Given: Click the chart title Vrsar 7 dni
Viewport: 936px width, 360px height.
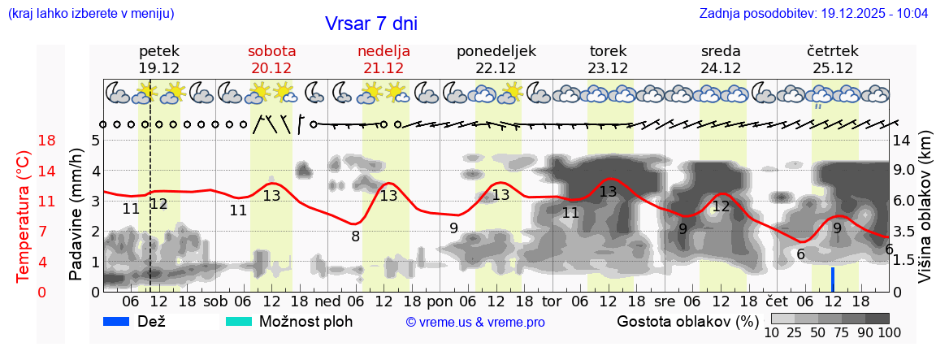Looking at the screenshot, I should pyautogui.click(x=371, y=24).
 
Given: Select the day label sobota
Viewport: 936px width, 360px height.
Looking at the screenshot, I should pyautogui.click(x=271, y=51).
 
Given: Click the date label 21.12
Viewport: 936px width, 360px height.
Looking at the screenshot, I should pyautogui.click(x=383, y=68).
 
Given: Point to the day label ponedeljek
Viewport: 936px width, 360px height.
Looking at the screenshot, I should pyautogui.click(x=496, y=51).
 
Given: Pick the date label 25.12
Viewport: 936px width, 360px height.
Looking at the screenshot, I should pyautogui.click(x=832, y=68).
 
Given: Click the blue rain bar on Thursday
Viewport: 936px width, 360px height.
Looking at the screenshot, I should pyautogui.click(x=832, y=279).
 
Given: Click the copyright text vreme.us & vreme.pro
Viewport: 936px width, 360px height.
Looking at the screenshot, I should pyautogui.click(x=474, y=322).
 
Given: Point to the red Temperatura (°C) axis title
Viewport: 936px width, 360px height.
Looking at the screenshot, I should pyautogui.click(x=24, y=215).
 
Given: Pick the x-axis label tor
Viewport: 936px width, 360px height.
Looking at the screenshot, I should pyautogui.click(x=552, y=301).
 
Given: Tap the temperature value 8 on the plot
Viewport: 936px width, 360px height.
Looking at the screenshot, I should pyautogui.click(x=355, y=236).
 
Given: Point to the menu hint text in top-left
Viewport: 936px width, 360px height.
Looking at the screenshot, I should pyautogui.click(x=89, y=14).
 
